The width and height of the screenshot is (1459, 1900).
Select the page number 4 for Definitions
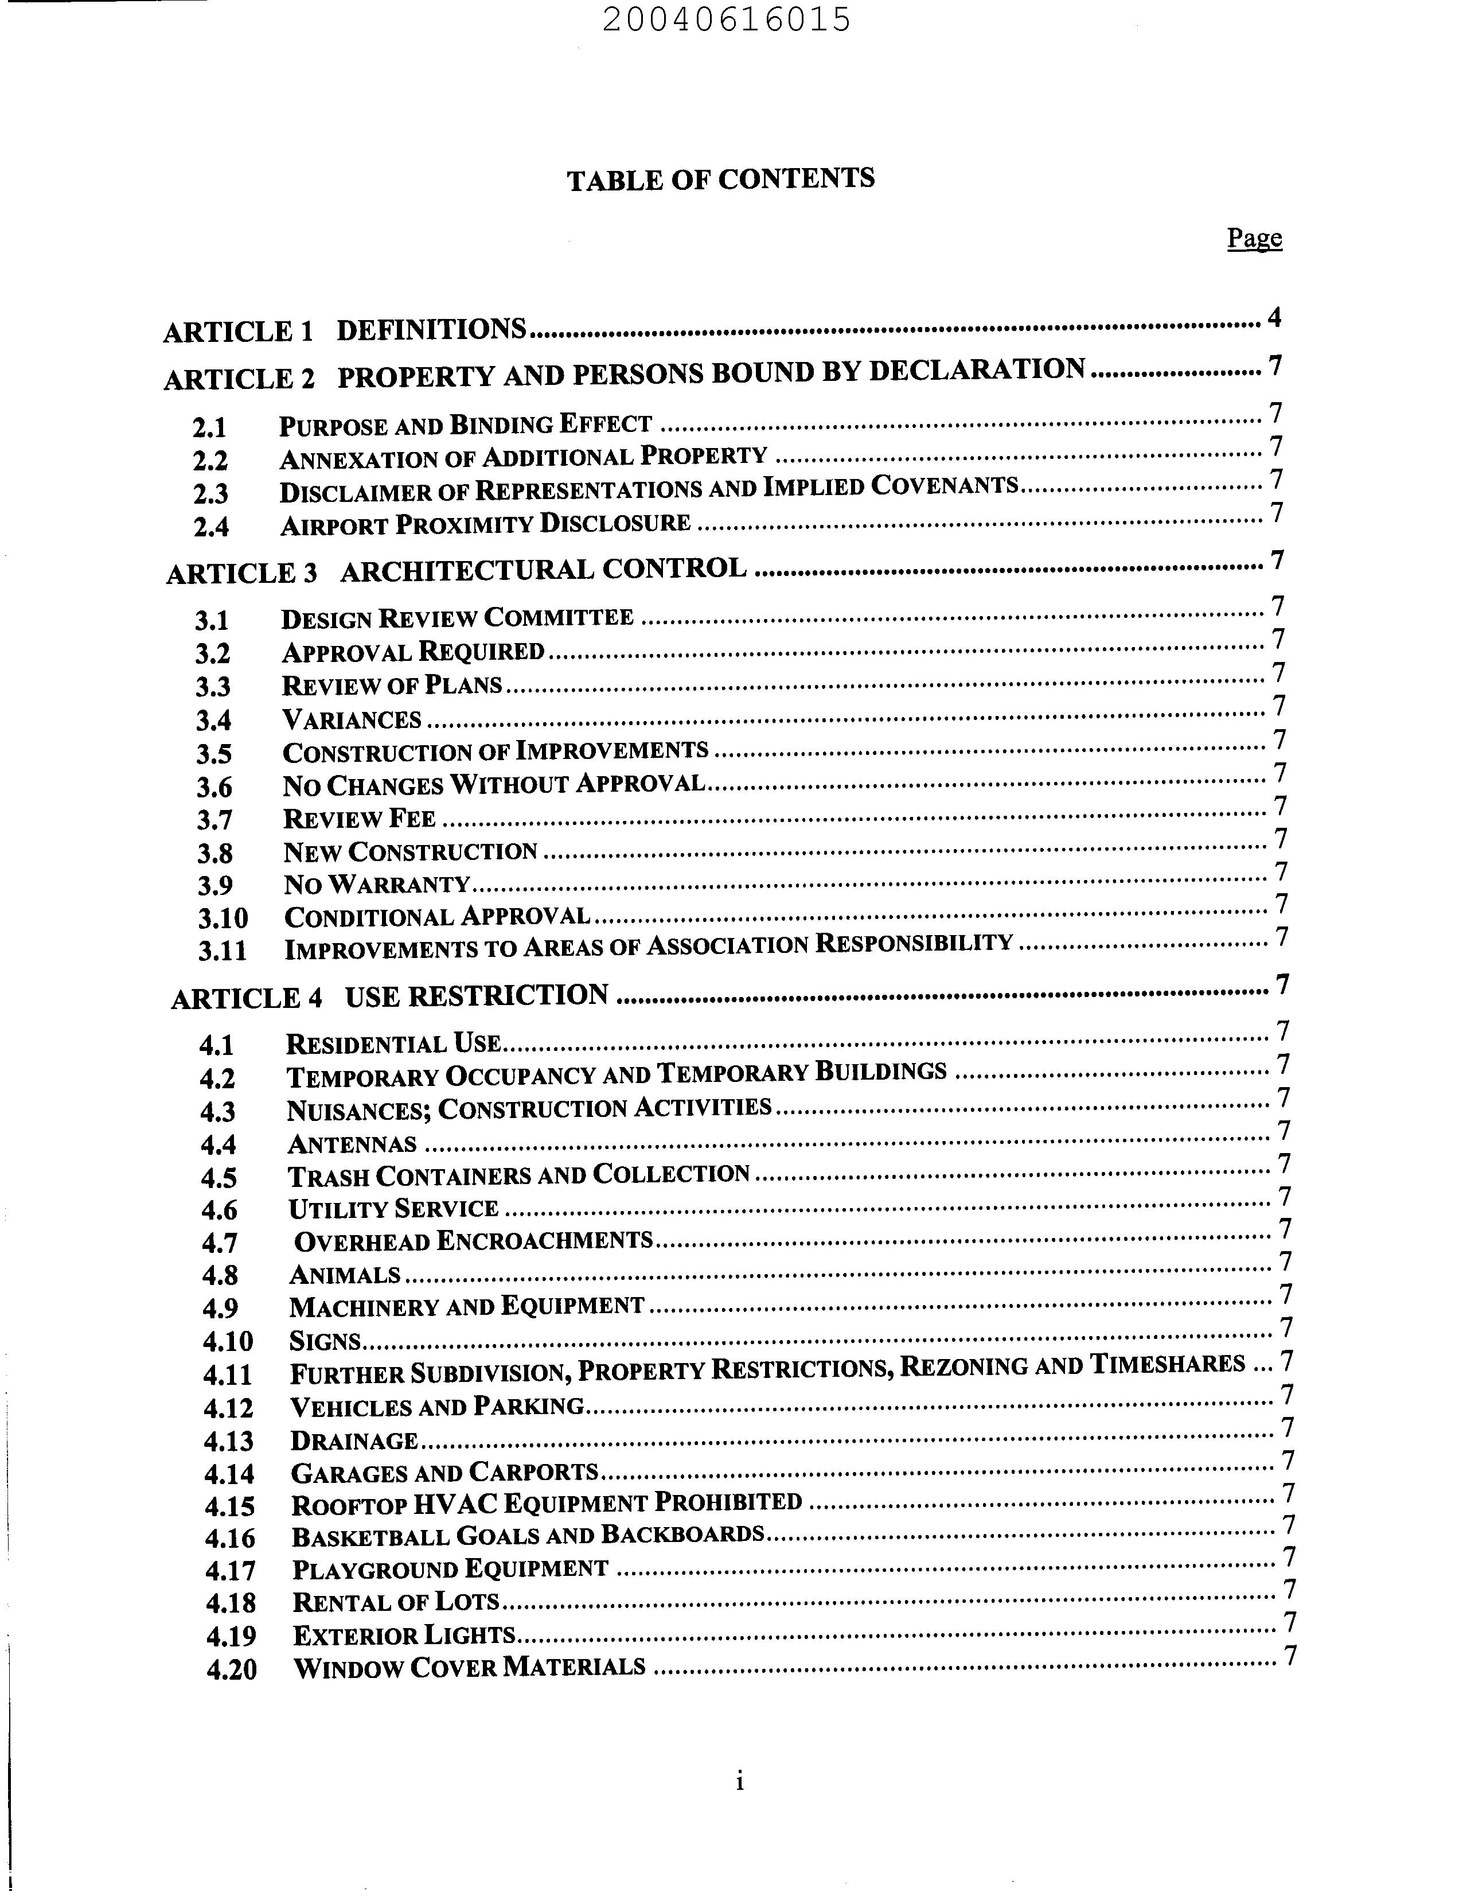(1274, 318)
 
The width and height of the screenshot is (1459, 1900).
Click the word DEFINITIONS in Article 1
(431, 330)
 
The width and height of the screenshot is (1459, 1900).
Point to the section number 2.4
(211, 527)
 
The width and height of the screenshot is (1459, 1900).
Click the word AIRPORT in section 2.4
(333, 525)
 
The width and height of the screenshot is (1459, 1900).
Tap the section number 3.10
(223, 918)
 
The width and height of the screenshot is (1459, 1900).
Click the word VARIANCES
(352, 720)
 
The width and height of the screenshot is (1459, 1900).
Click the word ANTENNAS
(352, 1144)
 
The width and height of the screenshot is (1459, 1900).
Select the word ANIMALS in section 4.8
(345, 1275)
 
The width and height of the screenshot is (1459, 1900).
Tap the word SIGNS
(324, 1341)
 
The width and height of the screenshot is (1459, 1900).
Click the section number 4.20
(231, 1669)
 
